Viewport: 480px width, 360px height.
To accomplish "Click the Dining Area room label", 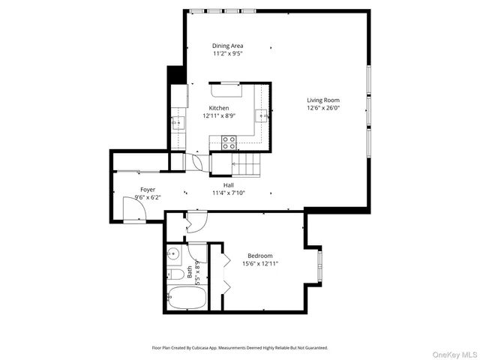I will point(227,46).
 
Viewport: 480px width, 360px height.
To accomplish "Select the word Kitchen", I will point(218,108).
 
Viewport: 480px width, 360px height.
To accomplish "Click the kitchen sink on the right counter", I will point(262,115).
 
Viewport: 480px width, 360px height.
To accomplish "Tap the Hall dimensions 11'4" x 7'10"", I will point(229,193).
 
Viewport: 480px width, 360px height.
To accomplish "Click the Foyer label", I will point(148,190).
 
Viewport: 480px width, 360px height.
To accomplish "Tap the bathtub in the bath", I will point(186,298).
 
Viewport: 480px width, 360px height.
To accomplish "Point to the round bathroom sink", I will point(172,253).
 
